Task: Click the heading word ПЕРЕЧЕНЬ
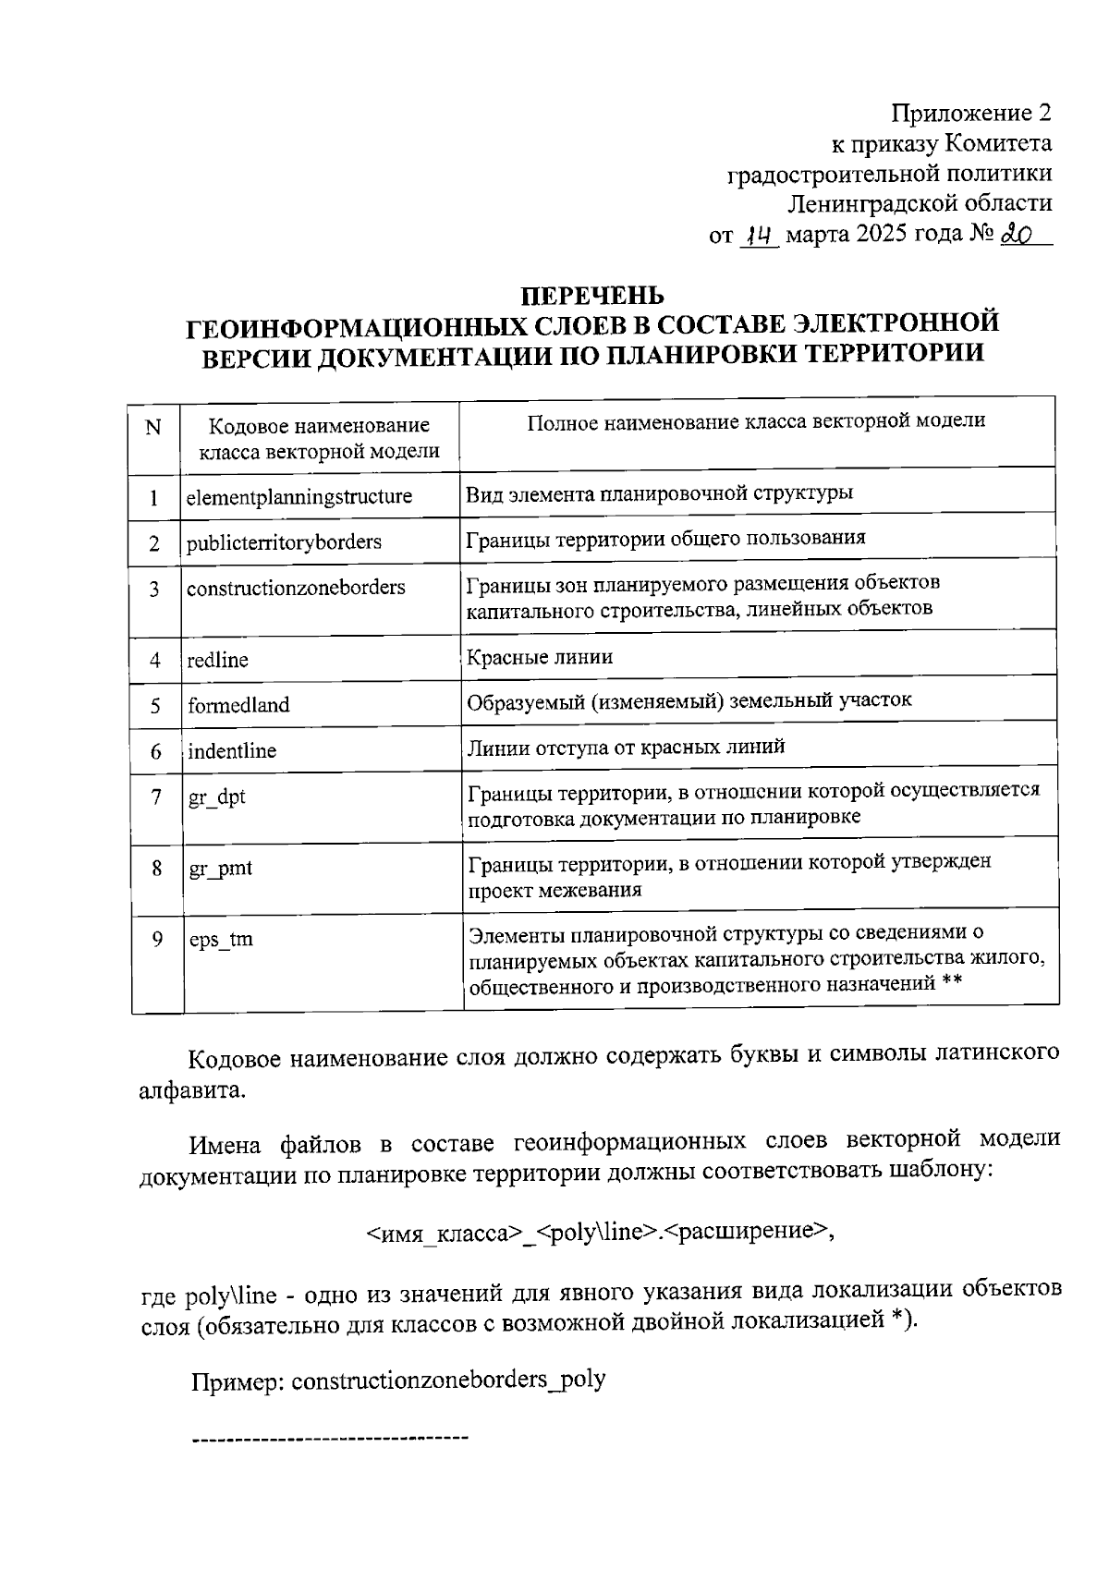click(593, 297)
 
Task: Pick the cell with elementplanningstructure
click(299, 497)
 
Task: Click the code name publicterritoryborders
click(284, 542)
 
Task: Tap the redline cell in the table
click(217, 660)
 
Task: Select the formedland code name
click(238, 705)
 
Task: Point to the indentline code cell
click(232, 751)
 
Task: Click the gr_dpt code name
click(217, 797)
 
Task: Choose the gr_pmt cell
click(220, 869)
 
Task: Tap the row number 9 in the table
click(157, 939)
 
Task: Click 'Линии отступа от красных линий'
click(626, 747)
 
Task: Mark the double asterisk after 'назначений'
click(953, 984)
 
